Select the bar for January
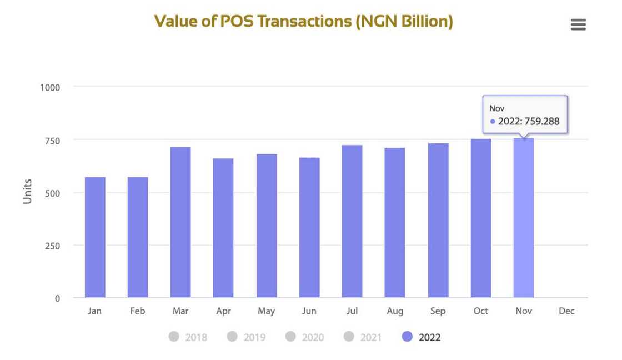(x=95, y=237)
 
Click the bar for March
(x=180, y=222)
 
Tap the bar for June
(x=309, y=228)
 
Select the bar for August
(x=395, y=223)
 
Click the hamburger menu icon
(x=578, y=24)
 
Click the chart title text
(x=303, y=21)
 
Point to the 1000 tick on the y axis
(x=50, y=87)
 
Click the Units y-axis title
(x=27, y=191)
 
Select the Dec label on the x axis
(x=566, y=311)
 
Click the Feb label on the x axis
(x=137, y=311)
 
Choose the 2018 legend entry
(x=188, y=337)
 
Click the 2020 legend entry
(x=305, y=337)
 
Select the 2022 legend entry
(x=422, y=337)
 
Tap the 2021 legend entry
(x=363, y=337)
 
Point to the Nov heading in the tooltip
(x=496, y=108)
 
